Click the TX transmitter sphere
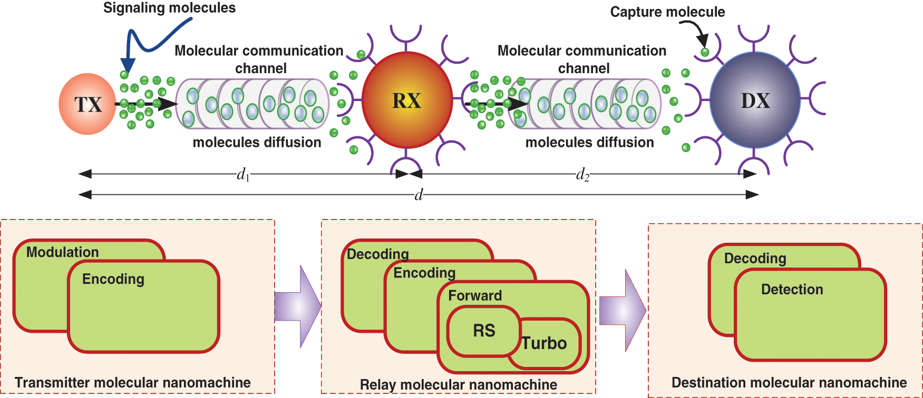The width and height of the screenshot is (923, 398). [88, 104]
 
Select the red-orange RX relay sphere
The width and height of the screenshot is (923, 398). [407, 101]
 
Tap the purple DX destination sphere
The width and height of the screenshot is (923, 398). [755, 101]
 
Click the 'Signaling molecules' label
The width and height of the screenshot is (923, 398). [169, 8]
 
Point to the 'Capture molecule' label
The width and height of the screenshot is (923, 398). [667, 12]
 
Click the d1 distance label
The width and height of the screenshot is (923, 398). [242, 174]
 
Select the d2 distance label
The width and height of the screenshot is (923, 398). [582, 174]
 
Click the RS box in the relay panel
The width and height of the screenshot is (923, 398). [484, 331]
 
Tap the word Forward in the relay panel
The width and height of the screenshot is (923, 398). [475, 296]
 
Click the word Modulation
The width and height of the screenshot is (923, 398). [63, 252]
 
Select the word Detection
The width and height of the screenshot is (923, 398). [792, 290]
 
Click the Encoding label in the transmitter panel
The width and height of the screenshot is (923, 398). [113, 279]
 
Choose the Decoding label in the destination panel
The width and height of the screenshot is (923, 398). [755, 258]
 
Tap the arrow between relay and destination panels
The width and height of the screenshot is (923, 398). [623, 311]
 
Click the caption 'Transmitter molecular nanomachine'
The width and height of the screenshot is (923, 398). [133, 383]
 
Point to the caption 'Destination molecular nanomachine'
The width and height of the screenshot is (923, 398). [789, 383]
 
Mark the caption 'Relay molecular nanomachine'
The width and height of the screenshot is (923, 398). [458, 385]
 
